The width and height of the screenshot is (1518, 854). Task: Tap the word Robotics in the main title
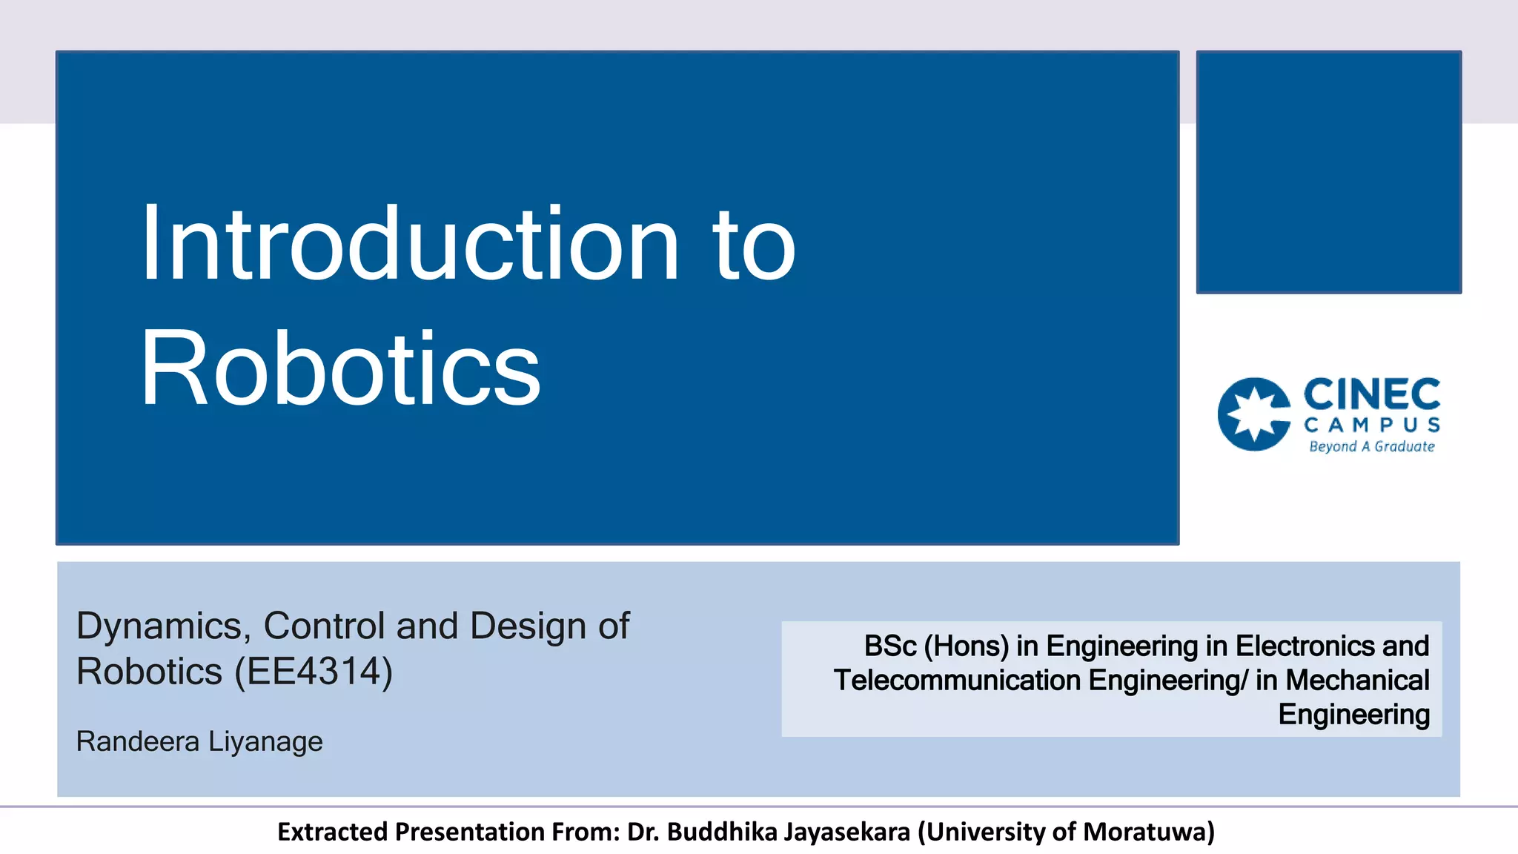coord(340,369)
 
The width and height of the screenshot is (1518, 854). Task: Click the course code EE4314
coord(313,672)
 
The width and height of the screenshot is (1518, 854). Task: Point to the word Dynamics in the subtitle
coord(159,626)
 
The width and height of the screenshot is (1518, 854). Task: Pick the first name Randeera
coord(138,741)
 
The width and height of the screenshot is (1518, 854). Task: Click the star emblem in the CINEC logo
coord(1254,414)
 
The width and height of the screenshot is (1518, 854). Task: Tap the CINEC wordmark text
coord(1371,394)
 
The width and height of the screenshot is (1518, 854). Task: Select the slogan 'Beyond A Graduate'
coord(1371,446)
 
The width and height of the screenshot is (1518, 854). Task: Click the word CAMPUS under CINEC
coord(1371,425)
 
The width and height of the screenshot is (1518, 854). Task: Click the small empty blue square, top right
coord(1328,172)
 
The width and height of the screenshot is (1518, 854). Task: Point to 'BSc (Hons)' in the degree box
coord(935,646)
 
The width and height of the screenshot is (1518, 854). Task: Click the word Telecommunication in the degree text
coord(957,681)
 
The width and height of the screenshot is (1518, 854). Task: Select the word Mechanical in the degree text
coord(1357,681)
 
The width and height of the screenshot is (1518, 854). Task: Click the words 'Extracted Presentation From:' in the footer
coord(448,832)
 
